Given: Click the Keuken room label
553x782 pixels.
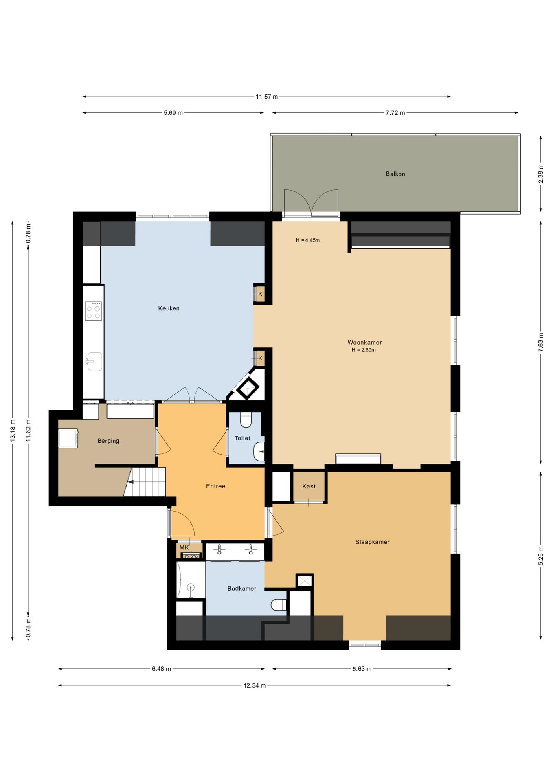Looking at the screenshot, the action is (169, 308).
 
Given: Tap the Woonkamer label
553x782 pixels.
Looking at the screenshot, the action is (364, 343).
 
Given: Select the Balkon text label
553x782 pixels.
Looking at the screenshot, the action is (395, 174).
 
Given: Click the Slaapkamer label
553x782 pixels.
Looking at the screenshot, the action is (372, 542).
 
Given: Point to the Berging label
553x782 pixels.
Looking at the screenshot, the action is (108, 441).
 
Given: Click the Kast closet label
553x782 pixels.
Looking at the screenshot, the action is (309, 486).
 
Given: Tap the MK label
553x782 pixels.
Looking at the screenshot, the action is (184, 547).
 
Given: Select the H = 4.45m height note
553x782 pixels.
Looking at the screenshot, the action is (307, 240).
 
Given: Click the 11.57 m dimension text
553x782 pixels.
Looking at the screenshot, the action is (267, 97).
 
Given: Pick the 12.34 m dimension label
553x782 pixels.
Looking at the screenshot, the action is (255, 685).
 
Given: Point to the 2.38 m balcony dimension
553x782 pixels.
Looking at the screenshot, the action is (541, 174).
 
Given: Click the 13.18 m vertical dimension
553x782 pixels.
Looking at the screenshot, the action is (12, 430).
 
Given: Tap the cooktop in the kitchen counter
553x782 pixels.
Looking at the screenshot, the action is (93, 311).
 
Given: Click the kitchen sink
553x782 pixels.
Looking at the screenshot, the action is (94, 361).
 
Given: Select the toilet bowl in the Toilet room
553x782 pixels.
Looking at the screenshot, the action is (246, 420).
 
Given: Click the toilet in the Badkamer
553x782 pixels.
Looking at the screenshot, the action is (279, 604).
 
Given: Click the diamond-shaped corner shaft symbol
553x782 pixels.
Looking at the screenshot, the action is (248, 389).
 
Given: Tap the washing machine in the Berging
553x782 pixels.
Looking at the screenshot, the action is (68, 438).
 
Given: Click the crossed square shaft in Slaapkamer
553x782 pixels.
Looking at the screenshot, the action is (305, 581).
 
